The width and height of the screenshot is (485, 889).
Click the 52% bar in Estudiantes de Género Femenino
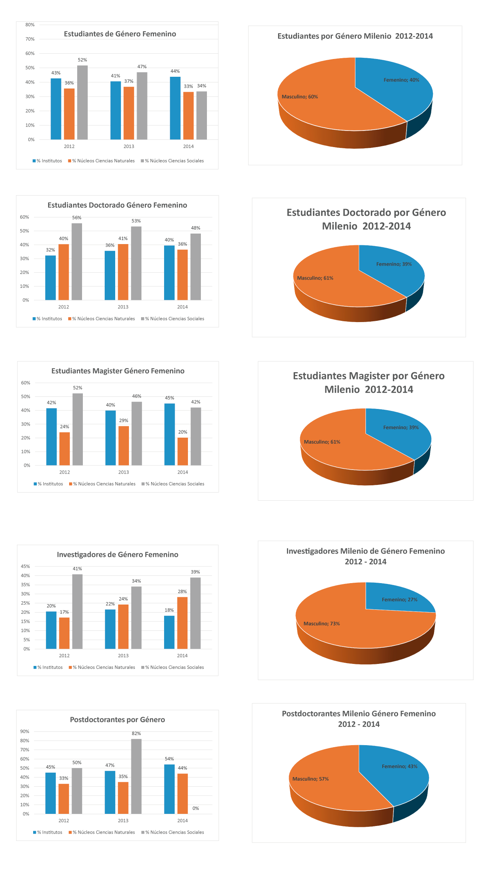pyautogui.click(x=82, y=103)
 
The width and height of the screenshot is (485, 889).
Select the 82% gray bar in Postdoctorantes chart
pyautogui.click(x=136, y=776)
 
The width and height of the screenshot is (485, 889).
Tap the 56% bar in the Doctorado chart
pyautogui.click(x=77, y=261)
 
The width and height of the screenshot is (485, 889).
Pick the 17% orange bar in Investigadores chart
pyautogui.click(x=64, y=633)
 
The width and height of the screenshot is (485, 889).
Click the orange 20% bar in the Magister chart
pyautogui.click(x=183, y=451)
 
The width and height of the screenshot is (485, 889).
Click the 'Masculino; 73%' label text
pyautogui.click(x=322, y=624)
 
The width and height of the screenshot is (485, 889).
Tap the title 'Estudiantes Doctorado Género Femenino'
pyautogui.click(x=117, y=205)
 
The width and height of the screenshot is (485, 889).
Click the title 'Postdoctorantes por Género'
pyautogui.click(x=117, y=720)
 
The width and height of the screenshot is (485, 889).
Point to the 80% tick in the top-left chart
pyautogui.click(x=30, y=25)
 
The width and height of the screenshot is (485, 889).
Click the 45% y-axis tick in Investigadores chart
pyautogui.click(x=25, y=567)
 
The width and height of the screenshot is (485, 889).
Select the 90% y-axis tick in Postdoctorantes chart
pyautogui.click(x=25, y=731)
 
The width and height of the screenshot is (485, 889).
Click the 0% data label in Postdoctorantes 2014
pyautogui.click(x=196, y=808)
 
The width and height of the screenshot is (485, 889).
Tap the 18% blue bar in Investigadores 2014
pyautogui.click(x=169, y=632)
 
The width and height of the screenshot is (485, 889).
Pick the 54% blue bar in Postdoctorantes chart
pyautogui.click(x=169, y=789)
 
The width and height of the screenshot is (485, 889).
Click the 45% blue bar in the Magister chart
pyautogui.click(x=170, y=434)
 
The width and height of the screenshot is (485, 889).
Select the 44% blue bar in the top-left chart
pyautogui.click(x=175, y=108)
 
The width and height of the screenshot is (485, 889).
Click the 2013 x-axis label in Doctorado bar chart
pyautogui.click(x=123, y=307)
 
